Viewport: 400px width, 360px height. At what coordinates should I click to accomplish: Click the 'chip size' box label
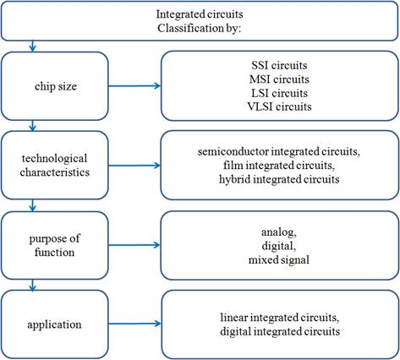tap(56, 86)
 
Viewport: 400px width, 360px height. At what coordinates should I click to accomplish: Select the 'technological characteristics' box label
tap(55, 166)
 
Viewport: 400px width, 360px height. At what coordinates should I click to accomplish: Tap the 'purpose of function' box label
tap(55, 245)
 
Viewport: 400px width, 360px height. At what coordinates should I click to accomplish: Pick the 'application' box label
tap(54, 325)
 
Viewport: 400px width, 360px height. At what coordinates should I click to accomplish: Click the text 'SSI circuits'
tap(279, 65)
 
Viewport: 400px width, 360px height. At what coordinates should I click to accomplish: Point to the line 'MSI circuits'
tap(279, 79)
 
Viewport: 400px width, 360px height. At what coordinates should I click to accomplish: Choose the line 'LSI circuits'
tap(279, 93)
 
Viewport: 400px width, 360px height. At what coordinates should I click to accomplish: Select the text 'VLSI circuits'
tap(279, 106)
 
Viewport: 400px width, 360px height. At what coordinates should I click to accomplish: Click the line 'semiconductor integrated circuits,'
tap(279, 151)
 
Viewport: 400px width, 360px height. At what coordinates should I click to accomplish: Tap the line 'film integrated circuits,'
tap(279, 166)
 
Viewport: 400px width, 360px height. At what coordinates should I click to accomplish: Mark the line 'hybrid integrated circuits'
tap(279, 179)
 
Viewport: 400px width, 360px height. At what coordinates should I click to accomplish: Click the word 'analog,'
tap(279, 232)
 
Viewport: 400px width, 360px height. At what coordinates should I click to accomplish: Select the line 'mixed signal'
tap(279, 259)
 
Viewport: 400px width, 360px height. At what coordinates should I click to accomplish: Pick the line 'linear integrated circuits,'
tap(280, 318)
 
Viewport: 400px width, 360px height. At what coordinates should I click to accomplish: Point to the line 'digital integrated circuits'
tap(280, 331)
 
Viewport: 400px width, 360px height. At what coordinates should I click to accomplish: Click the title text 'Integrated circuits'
tap(200, 14)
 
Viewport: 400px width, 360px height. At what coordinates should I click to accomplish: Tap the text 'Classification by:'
tap(200, 28)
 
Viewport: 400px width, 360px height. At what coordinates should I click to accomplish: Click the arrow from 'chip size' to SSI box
tap(134, 86)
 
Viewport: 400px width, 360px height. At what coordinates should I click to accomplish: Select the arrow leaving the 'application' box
tap(134, 324)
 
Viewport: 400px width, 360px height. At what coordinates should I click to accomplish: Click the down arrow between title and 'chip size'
tap(32, 46)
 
